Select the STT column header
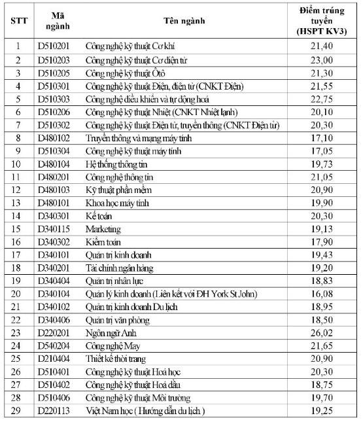(x=18, y=20)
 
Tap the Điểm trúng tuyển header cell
(x=322, y=20)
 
